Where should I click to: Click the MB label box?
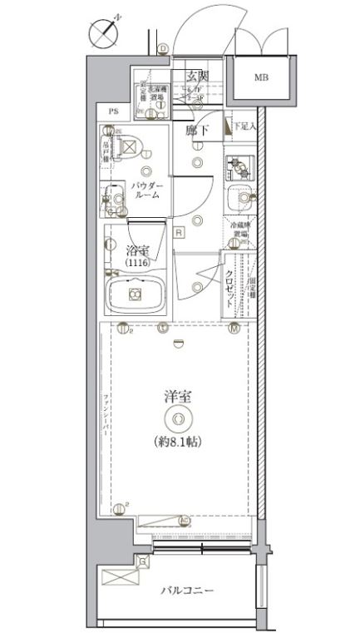[260, 78]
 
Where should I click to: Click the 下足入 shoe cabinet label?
[242, 126]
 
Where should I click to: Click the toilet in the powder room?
[130, 147]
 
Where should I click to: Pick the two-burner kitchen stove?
[239, 167]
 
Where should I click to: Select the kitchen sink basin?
[239, 199]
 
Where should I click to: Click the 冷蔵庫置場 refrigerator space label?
[239, 230]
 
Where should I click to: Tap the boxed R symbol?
[178, 234]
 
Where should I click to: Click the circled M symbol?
[235, 329]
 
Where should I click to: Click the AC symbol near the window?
[184, 522]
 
